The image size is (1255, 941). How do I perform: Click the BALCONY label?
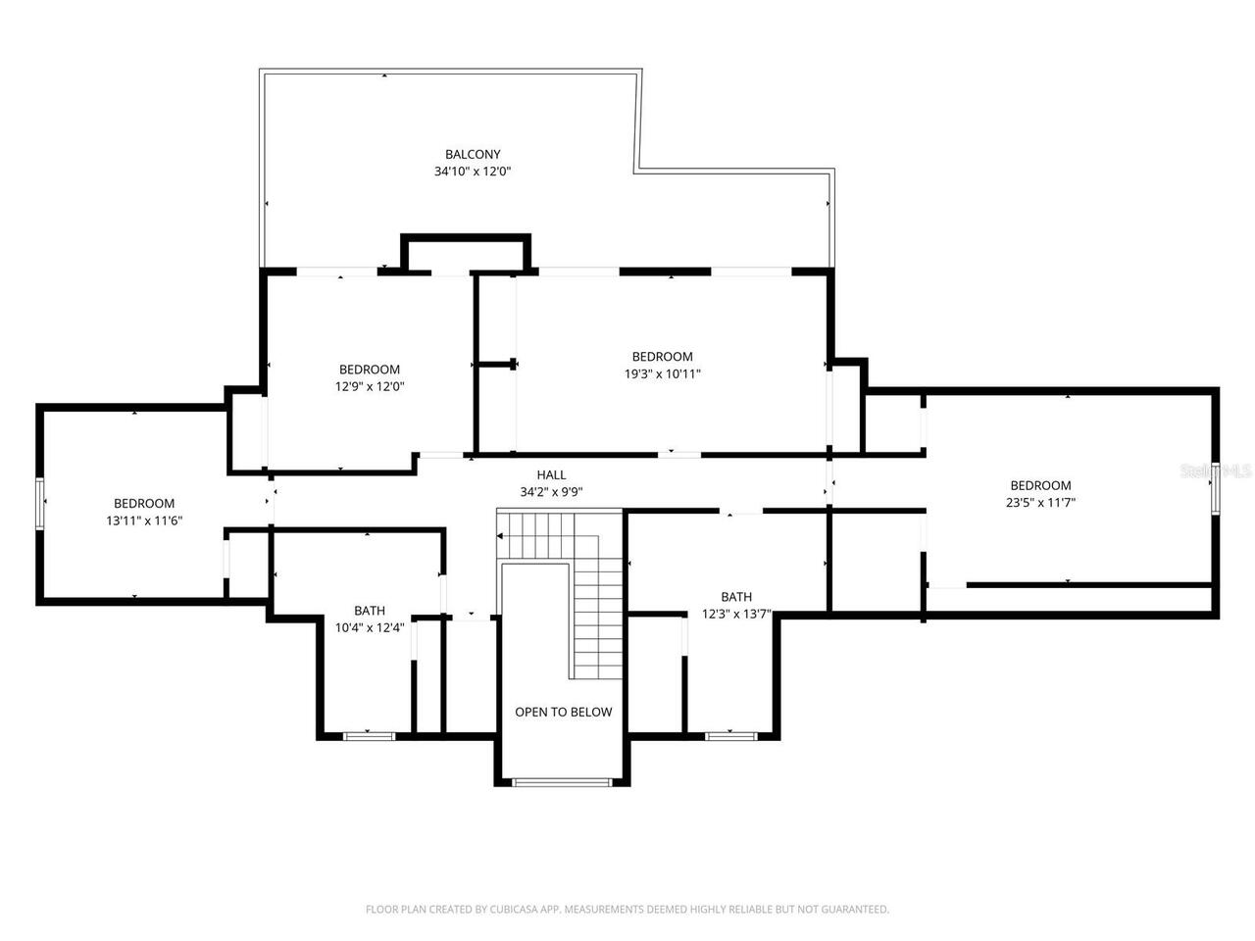pyautogui.click(x=473, y=154)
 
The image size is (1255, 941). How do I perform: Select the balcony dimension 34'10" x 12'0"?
pyautogui.click(x=473, y=172)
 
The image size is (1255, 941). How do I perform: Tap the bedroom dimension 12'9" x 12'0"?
pyautogui.click(x=370, y=386)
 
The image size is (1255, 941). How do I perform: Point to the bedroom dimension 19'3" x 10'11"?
pyautogui.click(x=663, y=373)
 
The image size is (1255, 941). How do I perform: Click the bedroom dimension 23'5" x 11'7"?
pyautogui.click(x=1040, y=502)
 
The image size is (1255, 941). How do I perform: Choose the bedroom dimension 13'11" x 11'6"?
pyautogui.click(x=144, y=520)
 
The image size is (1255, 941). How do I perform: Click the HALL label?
pyautogui.click(x=551, y=475)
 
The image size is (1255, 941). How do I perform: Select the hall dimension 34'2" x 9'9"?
pyautogui.click(x=551, y=492)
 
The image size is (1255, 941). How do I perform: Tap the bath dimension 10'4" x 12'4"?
pyautogui.click(x=370, y=627)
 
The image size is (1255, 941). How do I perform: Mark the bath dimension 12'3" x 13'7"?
pyautogui.click(x=736, y=615)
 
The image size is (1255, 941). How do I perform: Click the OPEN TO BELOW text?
pyautogui.click(x=563, y=712)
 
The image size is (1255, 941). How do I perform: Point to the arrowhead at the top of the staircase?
pyautogui.click(x=500, y=536)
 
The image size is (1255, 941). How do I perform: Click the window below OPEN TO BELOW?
pyautogui.click(x=562, y=781)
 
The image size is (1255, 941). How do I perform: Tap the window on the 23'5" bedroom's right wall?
pyautogui.click(x=1216, y=487)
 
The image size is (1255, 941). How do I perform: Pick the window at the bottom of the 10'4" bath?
pyautogui.click(x=369, y=734)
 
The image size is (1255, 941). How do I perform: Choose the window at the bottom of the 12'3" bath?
pyautogui.click(x=730, y=734)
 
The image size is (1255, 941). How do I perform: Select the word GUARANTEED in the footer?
pyautogui.click(x=853, y=910)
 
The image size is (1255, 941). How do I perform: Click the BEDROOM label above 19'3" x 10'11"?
pyautogui.click(x=663, y=357)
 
